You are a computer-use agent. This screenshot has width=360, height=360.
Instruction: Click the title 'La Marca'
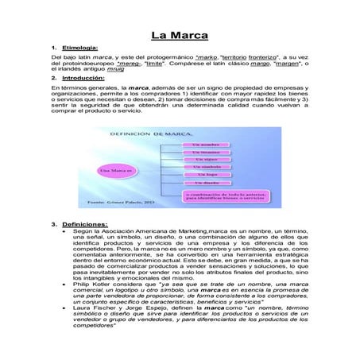(x=180, y=37)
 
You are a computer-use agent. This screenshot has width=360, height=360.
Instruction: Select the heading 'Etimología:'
(x=81, y=49)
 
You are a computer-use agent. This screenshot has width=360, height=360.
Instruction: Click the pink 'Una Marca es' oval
(x=116, y=169)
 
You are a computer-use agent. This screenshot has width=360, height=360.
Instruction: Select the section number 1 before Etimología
(x=53, y=49)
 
